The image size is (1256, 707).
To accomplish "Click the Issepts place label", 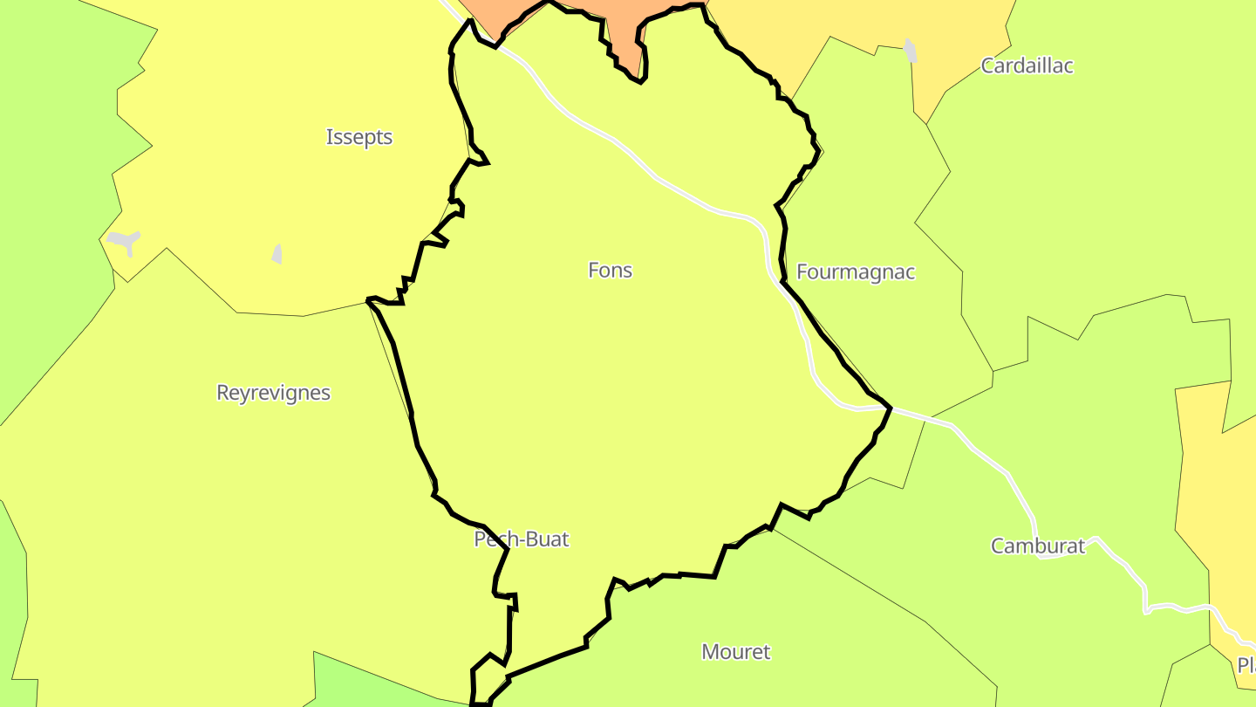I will (359, 137).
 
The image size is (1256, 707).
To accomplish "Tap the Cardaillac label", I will (1027, 65).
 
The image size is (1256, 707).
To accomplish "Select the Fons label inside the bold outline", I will (610, 271).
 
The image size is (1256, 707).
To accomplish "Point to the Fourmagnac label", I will (856, 272).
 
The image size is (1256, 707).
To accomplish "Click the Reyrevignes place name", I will (273, 393).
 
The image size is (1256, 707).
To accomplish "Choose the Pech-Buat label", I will (521, 539).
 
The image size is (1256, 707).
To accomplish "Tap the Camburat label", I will (1037, 546).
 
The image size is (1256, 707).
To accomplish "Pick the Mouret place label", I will (736, 652).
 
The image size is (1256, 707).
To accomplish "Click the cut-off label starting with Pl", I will (1246, 665).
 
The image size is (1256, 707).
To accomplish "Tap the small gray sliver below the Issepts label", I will (277, 254).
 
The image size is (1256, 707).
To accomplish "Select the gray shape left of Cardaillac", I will (911, 50).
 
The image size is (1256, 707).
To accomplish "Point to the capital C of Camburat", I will (998, 546).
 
